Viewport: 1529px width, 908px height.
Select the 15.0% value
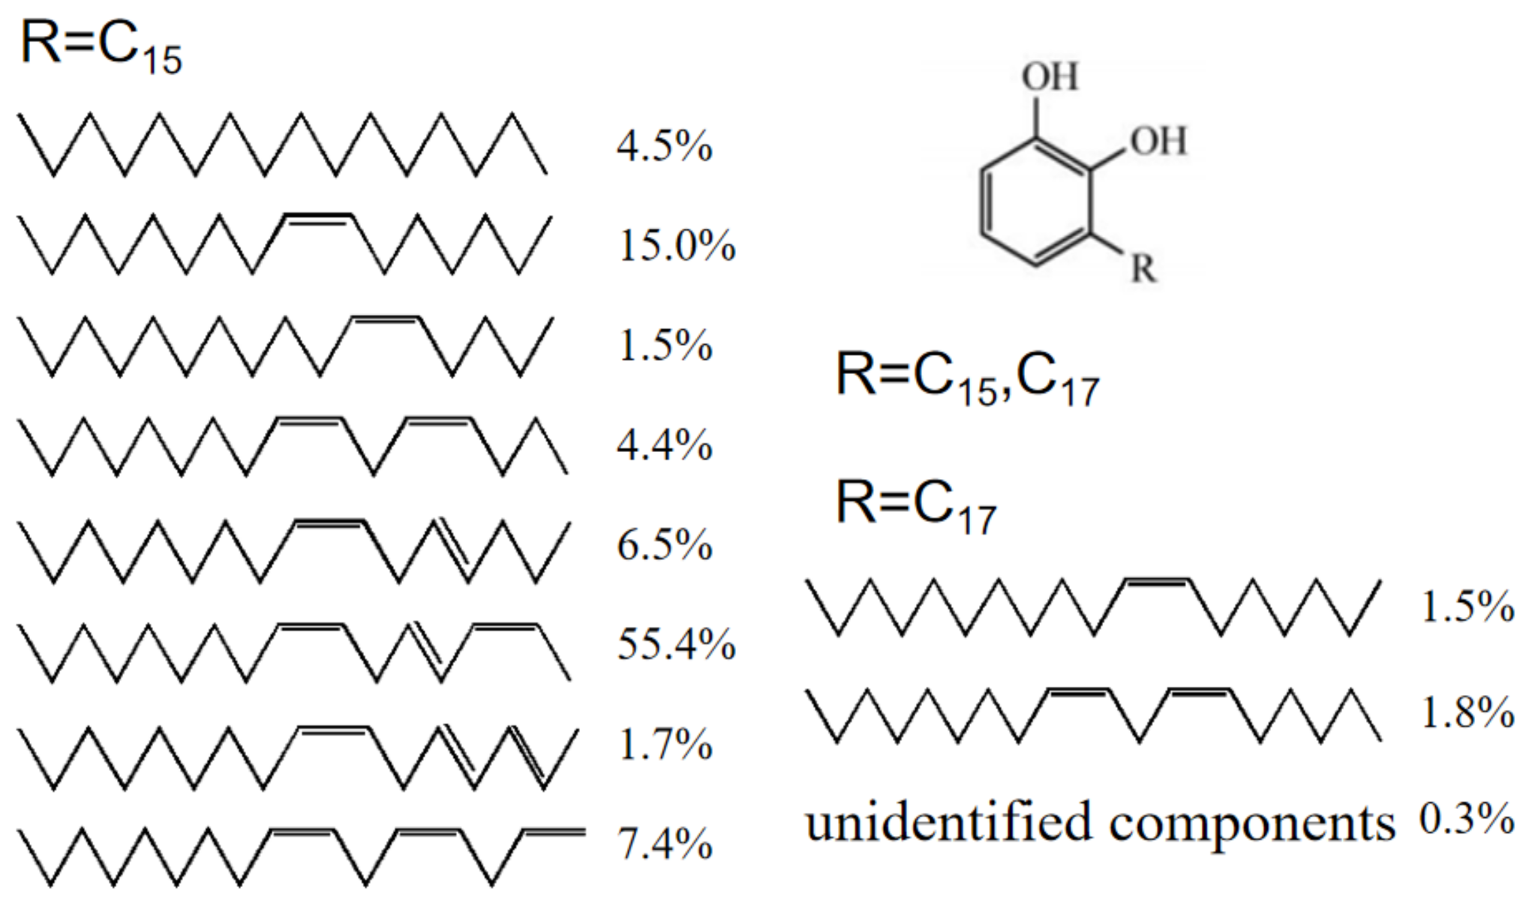pyautogui.click(x=676, y=245)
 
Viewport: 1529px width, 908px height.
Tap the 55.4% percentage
pyautogui.click(x=676, y=644)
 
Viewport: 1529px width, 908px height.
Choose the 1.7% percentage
pyautogui.click(x=664, y=745)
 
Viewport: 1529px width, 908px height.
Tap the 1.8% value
pyautogui.click(x=1467, y=712)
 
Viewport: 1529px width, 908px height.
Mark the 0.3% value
pyautogui.click(x=1466, y=819)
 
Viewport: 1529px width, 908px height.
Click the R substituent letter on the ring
pyautogui.click(x=1143, y=268)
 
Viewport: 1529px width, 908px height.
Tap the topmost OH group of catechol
pyautogui.click(x=1050, y=76)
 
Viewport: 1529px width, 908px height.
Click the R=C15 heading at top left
pyautogui.click(x=101, y=46)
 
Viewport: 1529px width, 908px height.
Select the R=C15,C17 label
pyautogui.click(x=967, y=379)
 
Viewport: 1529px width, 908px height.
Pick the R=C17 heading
pyautogui.click(x=915, y=507)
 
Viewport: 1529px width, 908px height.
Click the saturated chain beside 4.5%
pyautogui.click(x=282, y=145)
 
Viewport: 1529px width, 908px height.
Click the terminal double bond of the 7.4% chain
pyautogui.click(x=554, y=832)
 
